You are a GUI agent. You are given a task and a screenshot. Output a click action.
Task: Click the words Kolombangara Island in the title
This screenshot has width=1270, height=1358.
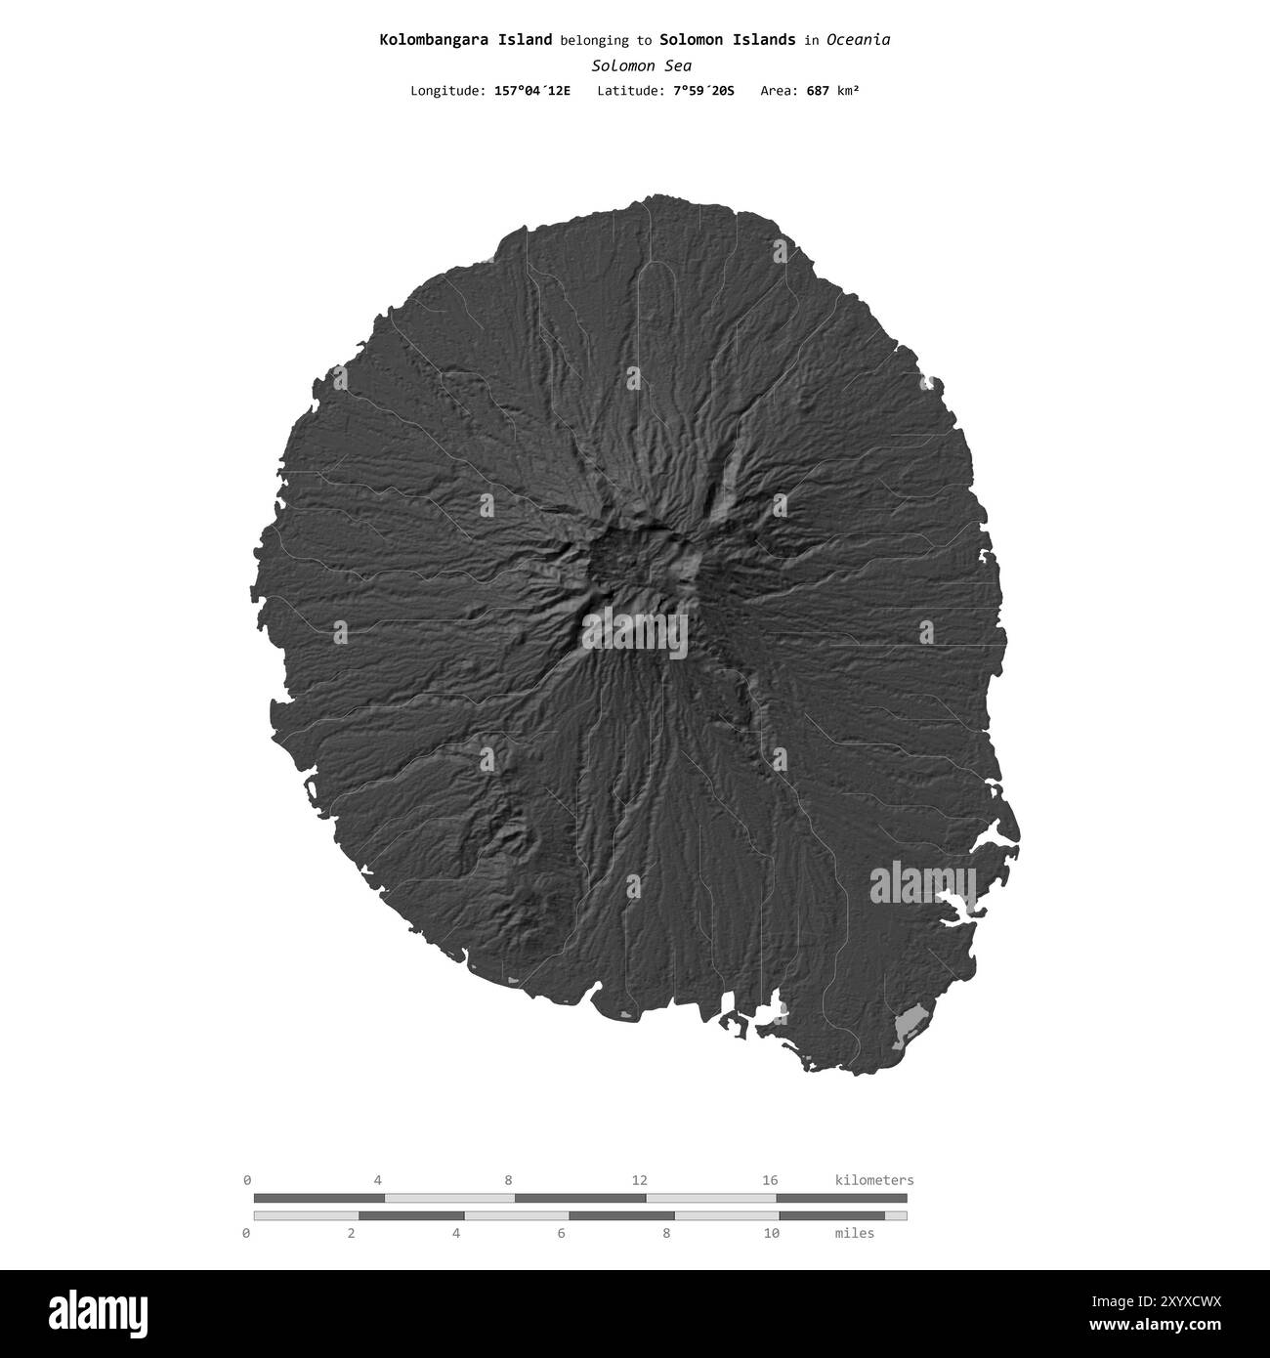(x=465, y=40)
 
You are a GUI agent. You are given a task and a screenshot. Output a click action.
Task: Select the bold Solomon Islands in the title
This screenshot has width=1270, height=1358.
(x=727, y=40)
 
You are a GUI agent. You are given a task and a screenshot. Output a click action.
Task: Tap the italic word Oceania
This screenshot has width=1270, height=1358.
(x=858, y=40)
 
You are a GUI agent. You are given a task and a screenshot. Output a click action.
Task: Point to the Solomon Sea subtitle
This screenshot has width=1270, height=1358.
(x=641, y=66)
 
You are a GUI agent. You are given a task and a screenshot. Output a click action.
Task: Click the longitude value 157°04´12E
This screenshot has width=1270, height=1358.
(x=532, y=91)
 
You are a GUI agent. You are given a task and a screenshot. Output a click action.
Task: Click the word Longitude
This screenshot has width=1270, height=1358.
(x=446, y=91)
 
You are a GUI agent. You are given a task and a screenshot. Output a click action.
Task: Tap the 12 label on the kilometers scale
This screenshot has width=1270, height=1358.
(x=639, y=1180)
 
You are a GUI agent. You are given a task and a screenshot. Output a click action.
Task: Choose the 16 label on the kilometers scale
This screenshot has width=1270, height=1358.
(x=770, y=1180)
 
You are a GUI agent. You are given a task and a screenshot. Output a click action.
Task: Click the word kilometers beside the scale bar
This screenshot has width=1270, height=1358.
(x=874, y=1180)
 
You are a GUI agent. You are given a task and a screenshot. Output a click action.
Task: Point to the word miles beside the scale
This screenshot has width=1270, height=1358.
(x=855, y=1234)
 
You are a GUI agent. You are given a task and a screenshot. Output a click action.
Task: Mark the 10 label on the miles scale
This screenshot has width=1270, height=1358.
(x=772, y=1234)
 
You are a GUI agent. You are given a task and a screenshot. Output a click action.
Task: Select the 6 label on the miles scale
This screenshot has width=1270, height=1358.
(x=562, y=1234)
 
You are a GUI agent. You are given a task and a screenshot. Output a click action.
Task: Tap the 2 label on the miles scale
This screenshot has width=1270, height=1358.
(x=351, y=1234)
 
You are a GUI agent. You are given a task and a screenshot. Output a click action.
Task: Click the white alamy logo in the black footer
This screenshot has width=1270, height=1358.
(x=88, y=1312)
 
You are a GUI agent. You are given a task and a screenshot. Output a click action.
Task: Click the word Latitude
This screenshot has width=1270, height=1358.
(x=632, y=91)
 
